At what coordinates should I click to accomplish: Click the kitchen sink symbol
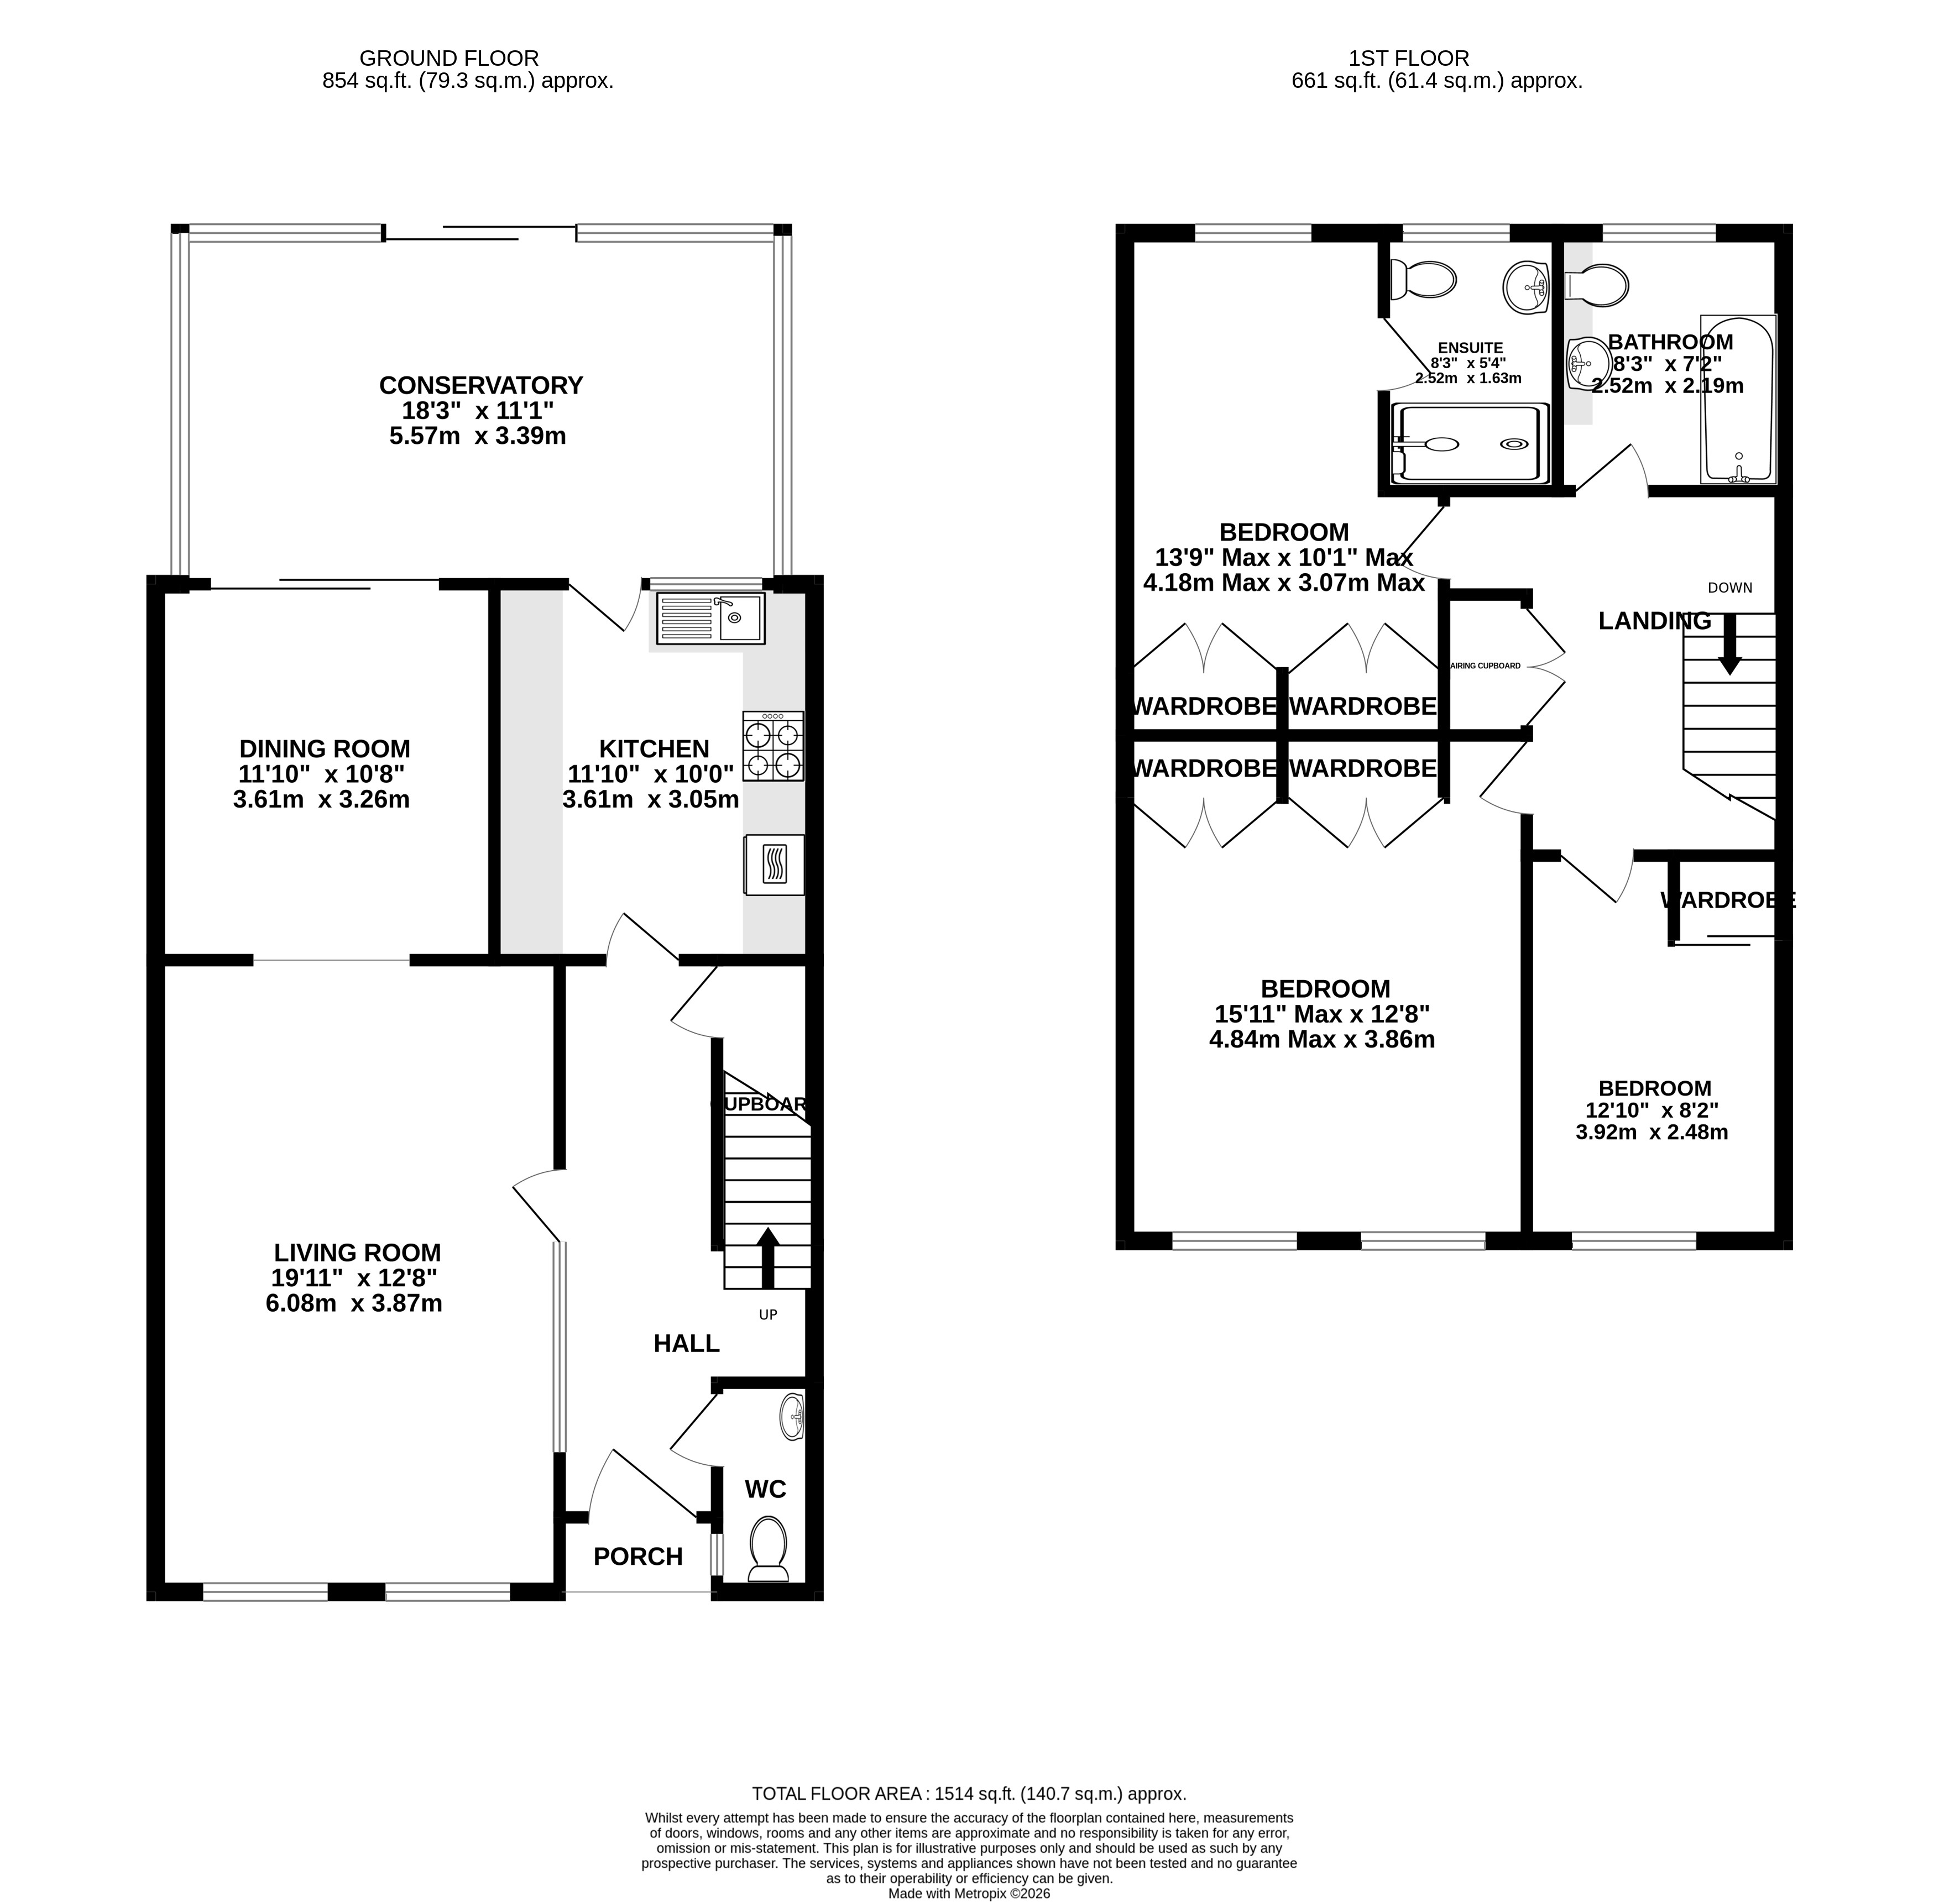point(710,619)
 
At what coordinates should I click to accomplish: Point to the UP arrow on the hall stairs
point(767,1257)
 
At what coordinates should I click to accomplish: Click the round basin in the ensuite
point(1525,287)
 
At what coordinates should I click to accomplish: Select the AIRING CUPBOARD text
point(1486,666)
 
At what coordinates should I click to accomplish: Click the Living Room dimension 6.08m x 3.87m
point(354,1303)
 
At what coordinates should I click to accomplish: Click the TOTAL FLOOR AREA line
point(968,1793)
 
